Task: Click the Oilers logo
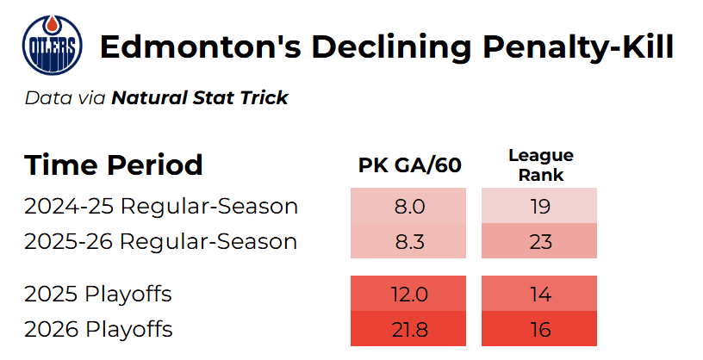pos(52,45)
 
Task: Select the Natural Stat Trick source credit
pos(200,97)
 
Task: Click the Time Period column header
pos(114,164)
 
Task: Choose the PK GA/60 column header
pos(410,165)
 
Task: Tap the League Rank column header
pos(541,165)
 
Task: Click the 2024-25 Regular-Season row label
pos(161,206)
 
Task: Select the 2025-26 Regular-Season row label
pos(160,241)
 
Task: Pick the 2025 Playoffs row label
pos(98,294)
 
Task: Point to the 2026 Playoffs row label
pos(98,329)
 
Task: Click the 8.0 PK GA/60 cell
pos(408,206)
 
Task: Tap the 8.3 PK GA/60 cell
pos(408,241)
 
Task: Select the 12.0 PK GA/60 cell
pos(408,294)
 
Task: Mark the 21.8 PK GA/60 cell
pos(408,329)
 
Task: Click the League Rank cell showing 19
pos(539,206)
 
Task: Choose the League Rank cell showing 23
pos(539,241)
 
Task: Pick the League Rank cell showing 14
pos(539,294)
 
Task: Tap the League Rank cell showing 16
pos(539,329)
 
